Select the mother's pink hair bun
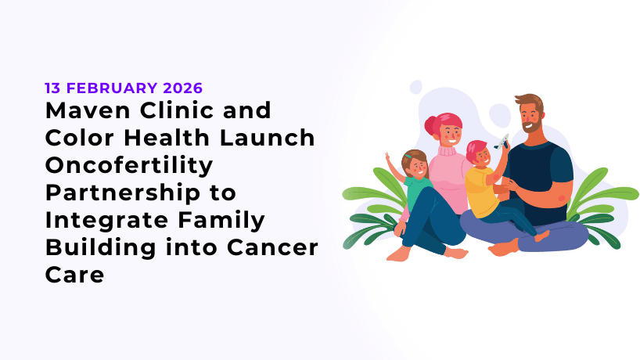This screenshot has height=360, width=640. [430, 124]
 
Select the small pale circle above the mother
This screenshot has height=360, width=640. [415, 87]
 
